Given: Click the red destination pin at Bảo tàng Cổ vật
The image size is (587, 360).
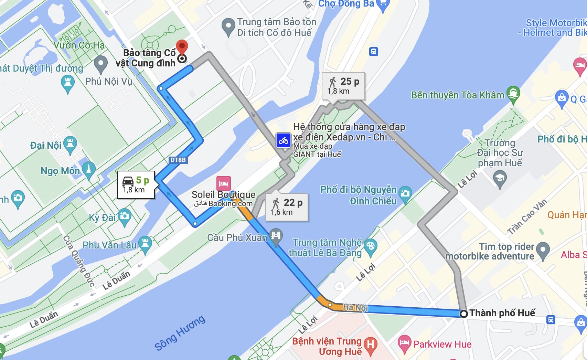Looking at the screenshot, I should tap(182, 47).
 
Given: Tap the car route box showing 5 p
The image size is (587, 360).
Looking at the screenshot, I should tap(136, 185).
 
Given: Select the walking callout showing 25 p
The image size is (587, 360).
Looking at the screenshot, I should tap(343, 86).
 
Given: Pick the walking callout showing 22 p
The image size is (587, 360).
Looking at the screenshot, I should tap(287, 207).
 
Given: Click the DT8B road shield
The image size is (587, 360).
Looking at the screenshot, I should tap(178, 160).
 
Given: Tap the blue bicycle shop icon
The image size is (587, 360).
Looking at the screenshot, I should tap(284, 140).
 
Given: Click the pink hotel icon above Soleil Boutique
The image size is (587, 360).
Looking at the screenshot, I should tap(223, 183).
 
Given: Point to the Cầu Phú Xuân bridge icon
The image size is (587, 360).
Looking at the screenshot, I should tap(276, 236).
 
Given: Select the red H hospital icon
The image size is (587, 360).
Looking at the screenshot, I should tap(371, 345).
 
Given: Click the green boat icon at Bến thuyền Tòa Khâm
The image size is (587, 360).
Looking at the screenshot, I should tap(513, 93).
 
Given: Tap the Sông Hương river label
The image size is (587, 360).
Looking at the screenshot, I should tap(180, 333).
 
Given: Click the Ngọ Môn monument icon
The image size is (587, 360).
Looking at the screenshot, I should tap(89, 169).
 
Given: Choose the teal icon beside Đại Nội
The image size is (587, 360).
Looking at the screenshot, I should tap(70, 143).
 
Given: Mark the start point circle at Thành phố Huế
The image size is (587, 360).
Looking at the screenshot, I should tap(464, 314).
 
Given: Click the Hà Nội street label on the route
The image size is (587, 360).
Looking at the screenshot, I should tap(355, 307).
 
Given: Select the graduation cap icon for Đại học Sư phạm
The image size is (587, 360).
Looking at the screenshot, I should tap(500, 178).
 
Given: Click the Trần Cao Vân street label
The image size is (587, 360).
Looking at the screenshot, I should tap(526, 216).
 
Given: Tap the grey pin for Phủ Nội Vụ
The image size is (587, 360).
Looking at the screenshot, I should tap(100, 63).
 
